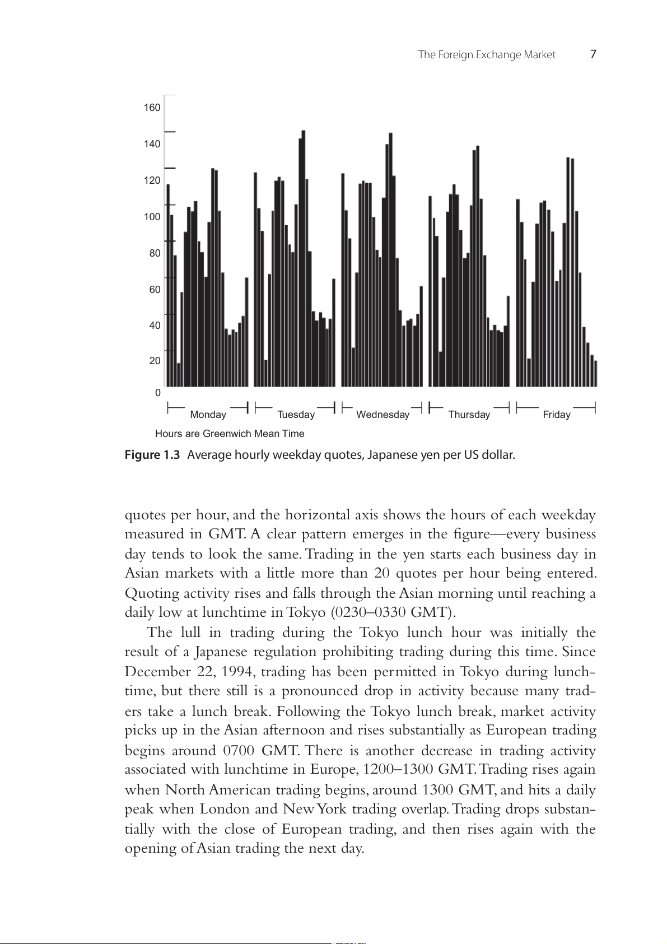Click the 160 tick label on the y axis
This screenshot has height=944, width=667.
(152, 108)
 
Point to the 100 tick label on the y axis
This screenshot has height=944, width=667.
(152, 217)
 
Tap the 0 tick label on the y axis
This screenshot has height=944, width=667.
(158, 393)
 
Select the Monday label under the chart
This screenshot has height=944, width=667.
(208, 415)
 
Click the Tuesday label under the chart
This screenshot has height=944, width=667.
(296, 415)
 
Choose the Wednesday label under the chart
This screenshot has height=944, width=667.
(383, 415)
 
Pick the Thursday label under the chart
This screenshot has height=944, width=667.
(469, 415)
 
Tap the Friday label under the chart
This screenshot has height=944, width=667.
(556, 415)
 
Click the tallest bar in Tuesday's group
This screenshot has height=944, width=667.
(304, 258)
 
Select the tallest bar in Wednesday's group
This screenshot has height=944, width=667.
(391, 259)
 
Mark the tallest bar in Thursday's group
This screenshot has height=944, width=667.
(478, 266)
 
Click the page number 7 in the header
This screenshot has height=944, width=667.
(593, 54)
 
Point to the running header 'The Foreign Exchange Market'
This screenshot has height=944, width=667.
(487, 55)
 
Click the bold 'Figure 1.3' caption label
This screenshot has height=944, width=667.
(152, 455)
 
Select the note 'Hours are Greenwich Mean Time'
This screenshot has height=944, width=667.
(230, 434)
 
